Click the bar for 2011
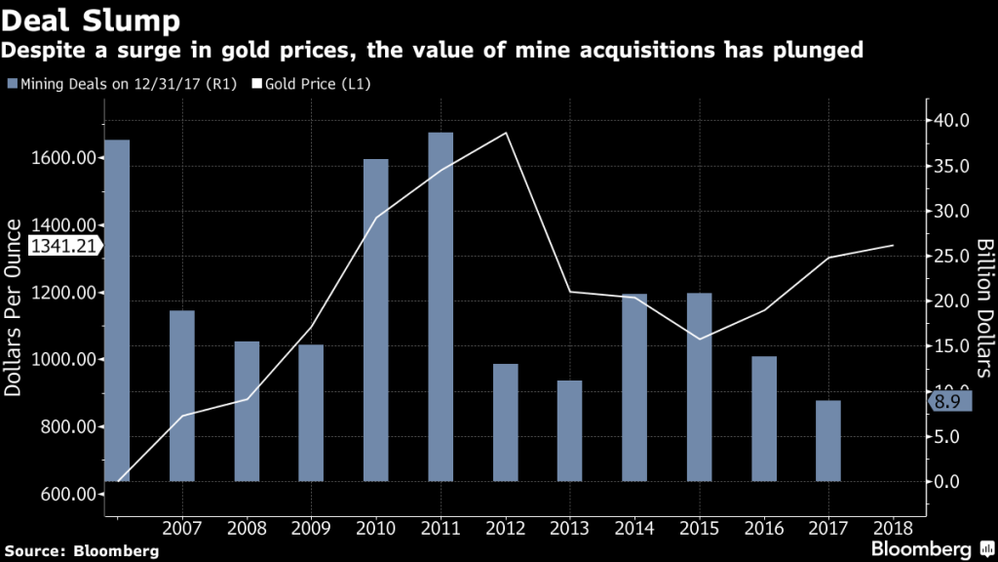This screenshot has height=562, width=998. pyautogui.click(x=441, y=306)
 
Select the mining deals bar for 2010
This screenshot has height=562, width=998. pyautogui.click(x=375, y=320)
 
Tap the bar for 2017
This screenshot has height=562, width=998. pyautogui.click(x=828, y=440)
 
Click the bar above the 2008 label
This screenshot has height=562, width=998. pyautogui.click(x=247, y=411)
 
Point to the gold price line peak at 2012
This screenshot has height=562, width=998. pyautogui.click(x=505, y=133)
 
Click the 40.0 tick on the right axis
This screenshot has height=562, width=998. pyautogui.click(x=949, y=121)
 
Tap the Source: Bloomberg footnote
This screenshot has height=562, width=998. pyautogui.click(x=80, y=550)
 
